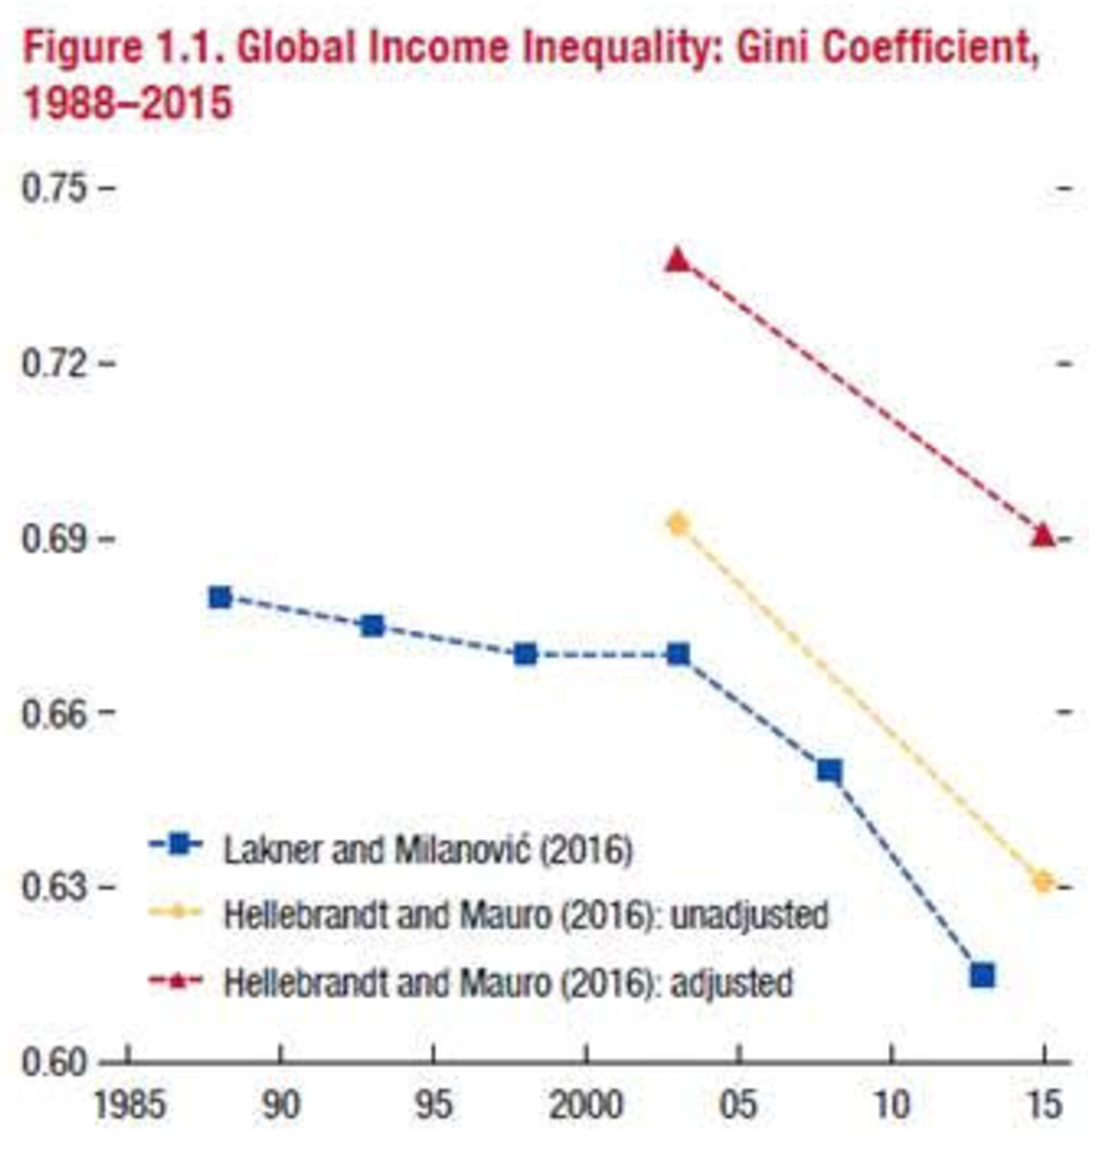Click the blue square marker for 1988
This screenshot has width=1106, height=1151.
(220, 598)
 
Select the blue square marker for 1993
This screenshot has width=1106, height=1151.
(373, 626)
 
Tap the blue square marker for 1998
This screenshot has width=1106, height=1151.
(526, 655)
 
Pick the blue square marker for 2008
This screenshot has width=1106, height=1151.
(829, 771)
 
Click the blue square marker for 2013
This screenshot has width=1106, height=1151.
(983, 976)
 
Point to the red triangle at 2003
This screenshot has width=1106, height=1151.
(678, 261)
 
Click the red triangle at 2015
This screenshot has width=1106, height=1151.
(1043, 535)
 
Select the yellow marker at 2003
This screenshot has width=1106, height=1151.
(678, 524)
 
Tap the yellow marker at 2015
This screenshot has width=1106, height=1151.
(1043, 882)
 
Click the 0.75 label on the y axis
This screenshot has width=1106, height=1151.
(54, 188)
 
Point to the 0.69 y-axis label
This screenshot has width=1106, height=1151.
(54, 539)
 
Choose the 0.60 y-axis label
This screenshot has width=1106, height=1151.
(54, 1063)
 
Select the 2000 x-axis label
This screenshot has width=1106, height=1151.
(586, 1105)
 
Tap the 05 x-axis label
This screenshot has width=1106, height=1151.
(739, 1105)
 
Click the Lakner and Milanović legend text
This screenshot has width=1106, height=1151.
(428, 850)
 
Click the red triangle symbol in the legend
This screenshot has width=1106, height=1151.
(175, 982)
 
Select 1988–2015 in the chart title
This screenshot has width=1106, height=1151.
(127, 103)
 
